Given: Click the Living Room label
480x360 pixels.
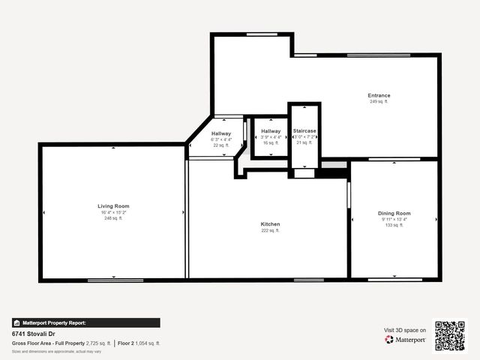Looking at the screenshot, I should coord(113,205).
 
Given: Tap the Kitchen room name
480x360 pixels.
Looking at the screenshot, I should coord(270,224).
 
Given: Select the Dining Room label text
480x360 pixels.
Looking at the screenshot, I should coord(394,214).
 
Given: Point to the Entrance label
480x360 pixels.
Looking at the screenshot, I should coord(379,95).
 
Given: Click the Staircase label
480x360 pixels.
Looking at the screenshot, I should coord(304,130).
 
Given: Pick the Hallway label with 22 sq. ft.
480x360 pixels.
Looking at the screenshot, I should coord(221,133).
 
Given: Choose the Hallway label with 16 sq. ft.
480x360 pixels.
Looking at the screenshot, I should coord(271,131).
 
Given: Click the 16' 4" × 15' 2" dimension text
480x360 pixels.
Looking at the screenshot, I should coord(113,212).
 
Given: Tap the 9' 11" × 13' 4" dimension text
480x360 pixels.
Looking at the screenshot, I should coord(394,220).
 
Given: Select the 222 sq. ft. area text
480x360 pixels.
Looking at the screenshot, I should coord(270,231).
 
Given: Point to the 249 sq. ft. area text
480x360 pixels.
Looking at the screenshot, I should coord(379,101).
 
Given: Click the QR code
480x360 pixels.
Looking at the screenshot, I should coord(450,335).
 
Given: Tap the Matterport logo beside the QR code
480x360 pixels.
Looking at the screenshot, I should coord(406,340).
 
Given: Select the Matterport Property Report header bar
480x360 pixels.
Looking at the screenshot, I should coord(85,322).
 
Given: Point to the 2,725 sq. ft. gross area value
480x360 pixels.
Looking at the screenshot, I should coord(98,343).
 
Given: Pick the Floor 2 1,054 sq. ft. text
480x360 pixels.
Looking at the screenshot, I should coord(139,343).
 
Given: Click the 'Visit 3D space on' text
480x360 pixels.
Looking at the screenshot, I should coord(405,330).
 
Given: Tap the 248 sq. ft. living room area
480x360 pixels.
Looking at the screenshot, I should coord(113,218).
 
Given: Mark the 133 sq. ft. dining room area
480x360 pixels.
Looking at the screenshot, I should coord(394,226).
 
